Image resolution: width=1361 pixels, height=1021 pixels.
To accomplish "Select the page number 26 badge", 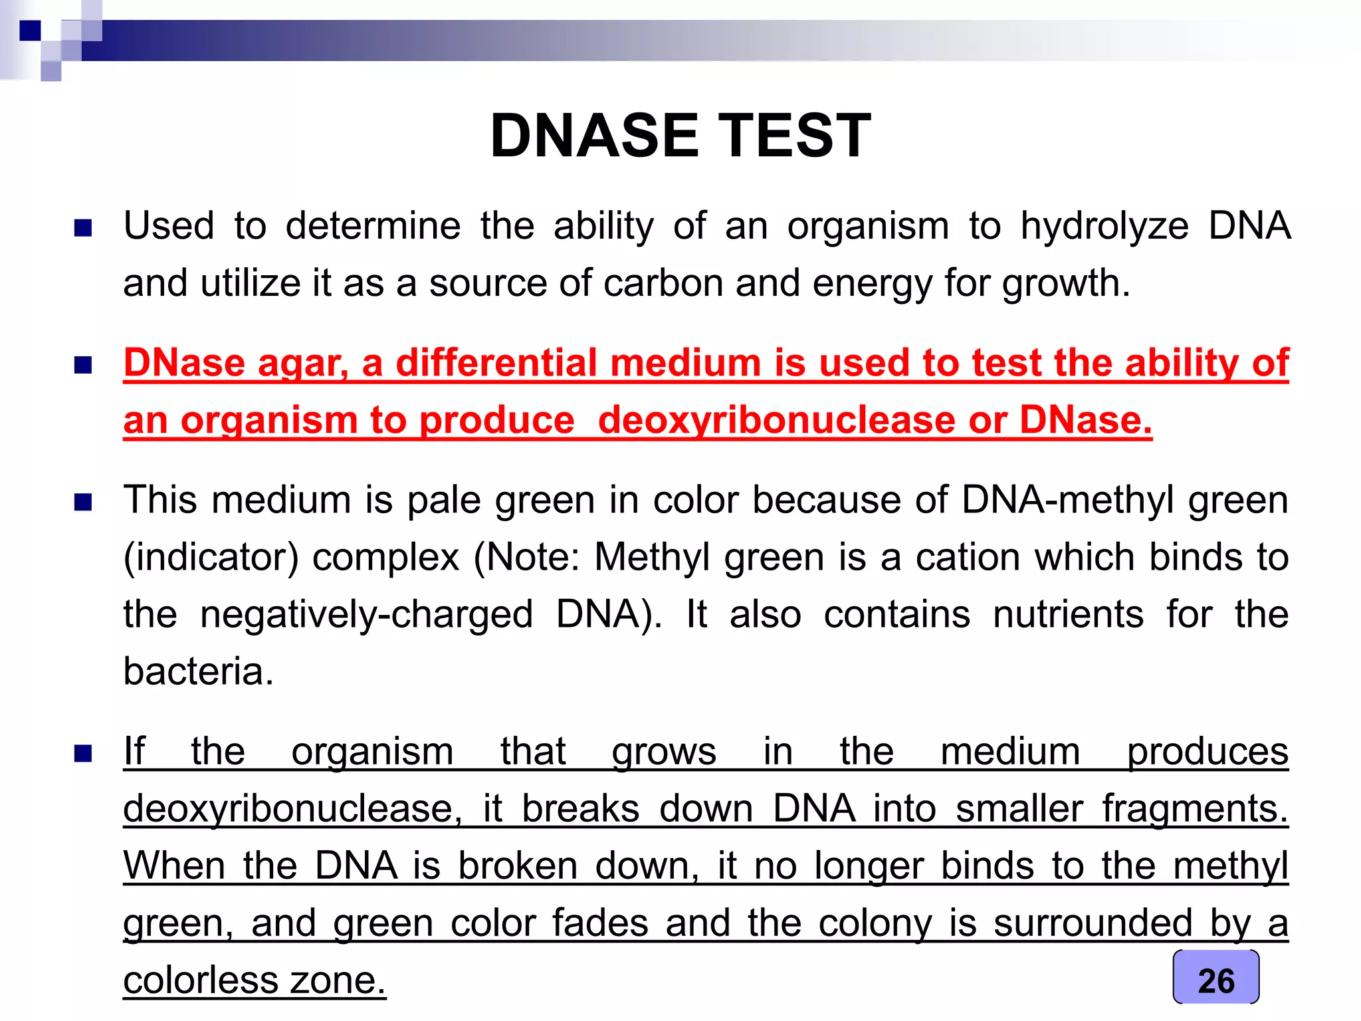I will pyautogui.click(x=1215, y=979).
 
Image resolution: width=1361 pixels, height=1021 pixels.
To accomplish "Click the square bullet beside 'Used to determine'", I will pyautogui.click(x=83, y=229).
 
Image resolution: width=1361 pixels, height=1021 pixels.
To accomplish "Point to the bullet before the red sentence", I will pyautogui.click(x=83, y=366).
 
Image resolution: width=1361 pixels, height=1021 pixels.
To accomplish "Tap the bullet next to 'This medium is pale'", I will pyautogui.click(x=83, y=502).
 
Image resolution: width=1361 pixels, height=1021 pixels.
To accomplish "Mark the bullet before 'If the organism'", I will pyautogui.click(x=83, y=754).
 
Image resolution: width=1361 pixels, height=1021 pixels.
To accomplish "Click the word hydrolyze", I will pyautogui.click(x=1104, y=227).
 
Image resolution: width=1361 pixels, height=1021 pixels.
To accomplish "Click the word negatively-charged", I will pyautogui.click(x=366, y=615).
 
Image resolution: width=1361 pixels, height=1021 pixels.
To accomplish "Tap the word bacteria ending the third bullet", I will pyautogui.click(x=198, y=672).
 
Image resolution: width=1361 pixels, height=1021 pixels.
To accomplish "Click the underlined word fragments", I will pyautogui.click(x=1195, y=810).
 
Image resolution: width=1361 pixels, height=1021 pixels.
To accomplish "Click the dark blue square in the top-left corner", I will pyautogui.click(x=30, y=31).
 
